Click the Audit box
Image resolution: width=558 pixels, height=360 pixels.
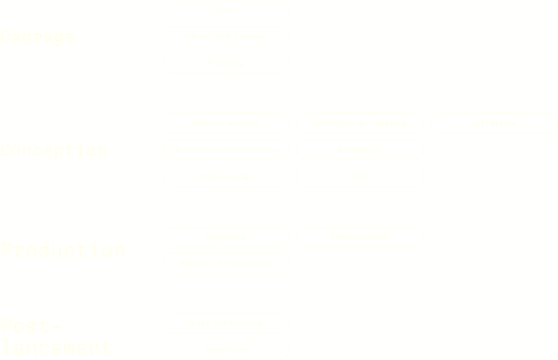pos(226,10)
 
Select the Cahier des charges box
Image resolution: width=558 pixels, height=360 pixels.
pos(226,36)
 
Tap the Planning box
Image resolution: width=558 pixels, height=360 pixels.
pos(226,63)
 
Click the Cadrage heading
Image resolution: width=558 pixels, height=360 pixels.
pos(37,37)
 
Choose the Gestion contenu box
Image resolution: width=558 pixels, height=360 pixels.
pos(226,124)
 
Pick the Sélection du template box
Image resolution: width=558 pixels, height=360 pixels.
pos(360,124)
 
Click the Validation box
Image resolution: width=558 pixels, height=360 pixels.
pos(494,124)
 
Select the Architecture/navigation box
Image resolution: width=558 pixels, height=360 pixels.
pos(226,150)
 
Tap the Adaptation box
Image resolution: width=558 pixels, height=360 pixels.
pos(360,150)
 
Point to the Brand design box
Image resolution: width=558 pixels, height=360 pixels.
pos(226,176)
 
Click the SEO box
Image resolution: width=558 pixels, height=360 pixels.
pos(360,176)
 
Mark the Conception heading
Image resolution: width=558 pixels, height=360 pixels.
pos(53,150)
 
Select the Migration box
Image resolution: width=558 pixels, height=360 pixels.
pos(226,237)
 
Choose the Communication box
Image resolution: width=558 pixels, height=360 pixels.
pos(360,237)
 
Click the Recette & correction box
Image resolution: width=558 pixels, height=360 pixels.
pos(226,263)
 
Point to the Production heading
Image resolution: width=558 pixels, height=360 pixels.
pos(63,251)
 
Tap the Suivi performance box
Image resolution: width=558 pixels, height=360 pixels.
pos(226,324)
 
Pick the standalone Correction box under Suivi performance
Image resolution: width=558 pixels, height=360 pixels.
pos(226,350)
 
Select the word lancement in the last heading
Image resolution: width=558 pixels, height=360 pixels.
pos(57,348)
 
